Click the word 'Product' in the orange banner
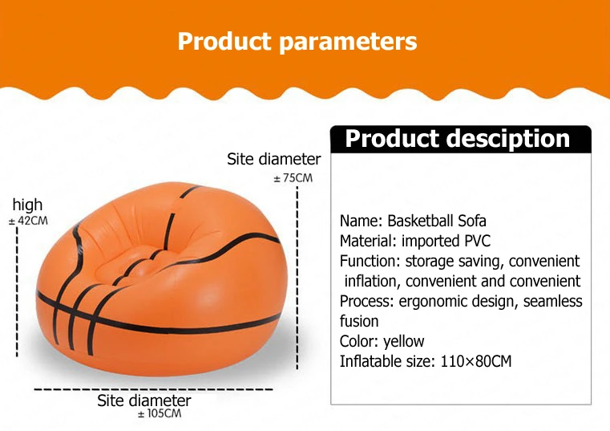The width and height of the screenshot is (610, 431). point(224,41)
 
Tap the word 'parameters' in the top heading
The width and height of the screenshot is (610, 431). point(348,42)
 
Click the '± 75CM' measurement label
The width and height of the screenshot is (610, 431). point(293,178)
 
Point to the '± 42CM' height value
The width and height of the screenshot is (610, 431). point(28,221)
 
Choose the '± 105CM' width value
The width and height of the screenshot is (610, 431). point(160,413)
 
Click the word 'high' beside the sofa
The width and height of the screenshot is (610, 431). point(27,205)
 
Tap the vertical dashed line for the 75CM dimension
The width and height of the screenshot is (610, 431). point(297,278)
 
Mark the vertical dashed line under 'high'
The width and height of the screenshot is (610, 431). point(17,291)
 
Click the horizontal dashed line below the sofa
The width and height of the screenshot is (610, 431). point(153,389)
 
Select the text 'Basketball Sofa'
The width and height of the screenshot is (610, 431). point(437,221)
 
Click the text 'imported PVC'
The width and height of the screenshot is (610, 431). point(446,242)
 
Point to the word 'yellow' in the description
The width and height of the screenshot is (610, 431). point(403,342)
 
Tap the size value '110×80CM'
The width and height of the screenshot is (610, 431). point(476,361)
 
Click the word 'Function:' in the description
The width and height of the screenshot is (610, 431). point(370,261)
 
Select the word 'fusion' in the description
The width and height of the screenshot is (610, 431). point(359,321)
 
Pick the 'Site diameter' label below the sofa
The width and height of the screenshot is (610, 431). point(144,401)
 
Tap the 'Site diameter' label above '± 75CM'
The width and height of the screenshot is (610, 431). point(274,159)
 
